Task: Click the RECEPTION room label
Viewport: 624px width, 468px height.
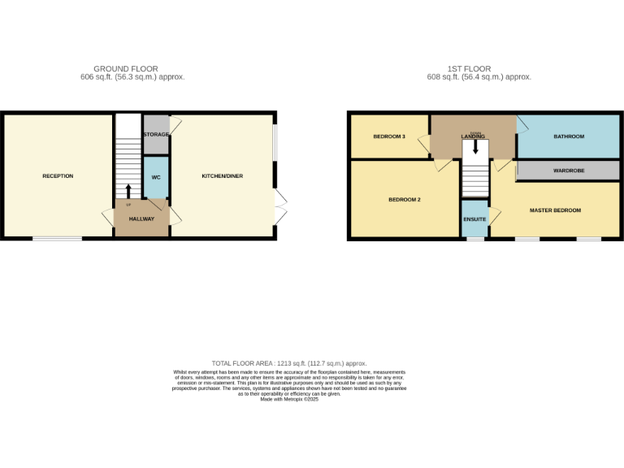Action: tap(58, 176)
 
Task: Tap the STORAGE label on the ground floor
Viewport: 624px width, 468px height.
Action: tap(156, 134)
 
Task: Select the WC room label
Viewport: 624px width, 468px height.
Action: tap(155, 176)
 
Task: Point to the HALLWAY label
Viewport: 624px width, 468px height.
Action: tap(141, 219)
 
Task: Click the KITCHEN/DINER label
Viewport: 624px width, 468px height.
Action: tap(222, 176)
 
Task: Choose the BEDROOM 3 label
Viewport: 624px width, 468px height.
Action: tap(389, 136)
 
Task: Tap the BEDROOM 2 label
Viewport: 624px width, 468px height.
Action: tap(404, 200)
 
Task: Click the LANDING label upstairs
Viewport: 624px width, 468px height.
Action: tap(473, 136)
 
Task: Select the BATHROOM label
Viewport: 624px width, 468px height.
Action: tap(569, 136)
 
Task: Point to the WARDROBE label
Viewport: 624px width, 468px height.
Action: tap(569, 171)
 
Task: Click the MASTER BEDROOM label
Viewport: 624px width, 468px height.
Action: tap(555, 210)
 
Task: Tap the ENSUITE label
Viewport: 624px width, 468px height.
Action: tap(474, 220)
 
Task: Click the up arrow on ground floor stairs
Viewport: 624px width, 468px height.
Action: tap(128, 191)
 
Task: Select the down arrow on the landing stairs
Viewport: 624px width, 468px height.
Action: tap(476, 147)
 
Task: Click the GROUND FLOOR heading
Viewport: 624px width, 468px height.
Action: tap(126, 69)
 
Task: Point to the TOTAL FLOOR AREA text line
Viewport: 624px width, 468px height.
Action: tap(289, 363)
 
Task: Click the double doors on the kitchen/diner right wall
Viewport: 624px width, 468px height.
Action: tap(280, 208)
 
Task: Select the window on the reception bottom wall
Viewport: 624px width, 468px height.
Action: tap(57, 238)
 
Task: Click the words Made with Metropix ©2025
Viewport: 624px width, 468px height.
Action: tap(289, 399)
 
